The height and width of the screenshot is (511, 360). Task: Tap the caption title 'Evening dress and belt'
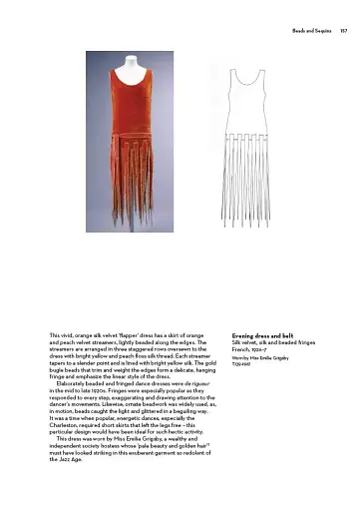(x=262, y=336)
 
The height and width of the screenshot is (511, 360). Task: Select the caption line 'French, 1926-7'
(x=252, y=350)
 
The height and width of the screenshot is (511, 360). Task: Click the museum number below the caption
(x=243, y=365)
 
